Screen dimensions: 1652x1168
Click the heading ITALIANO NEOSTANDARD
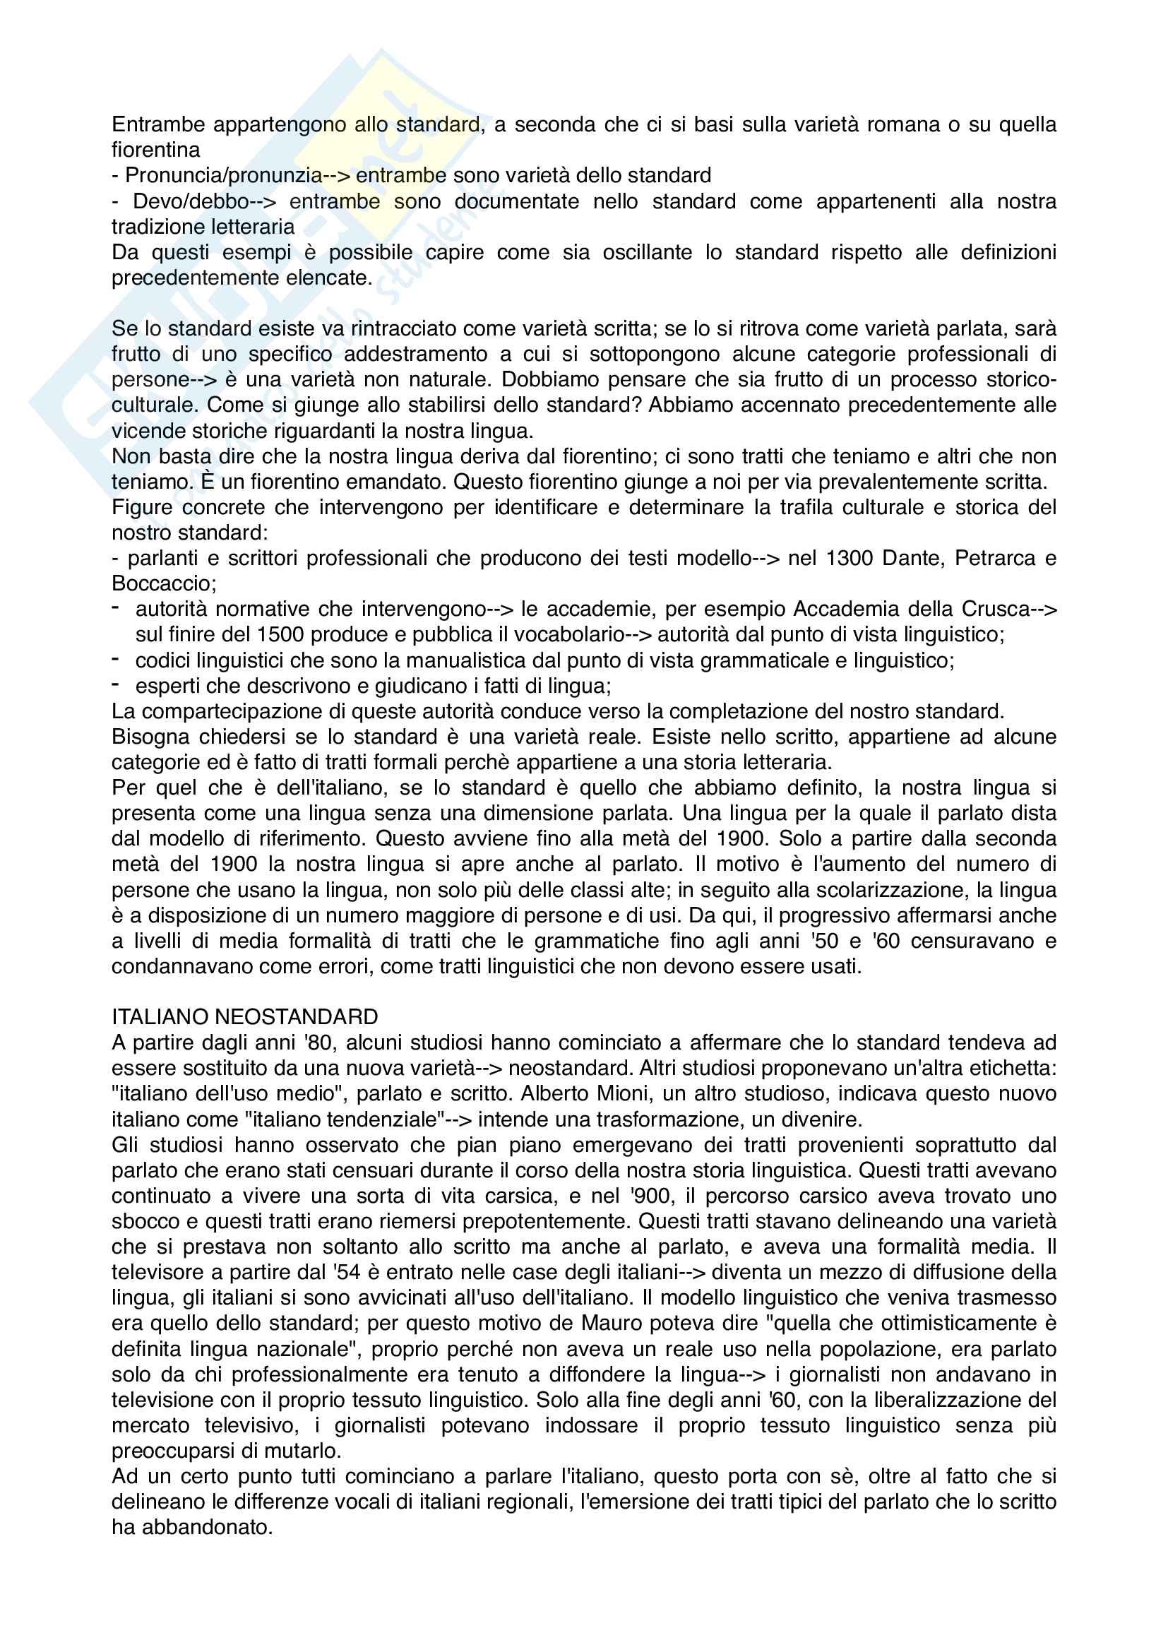244,1016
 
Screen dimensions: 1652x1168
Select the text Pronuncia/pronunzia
224,175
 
